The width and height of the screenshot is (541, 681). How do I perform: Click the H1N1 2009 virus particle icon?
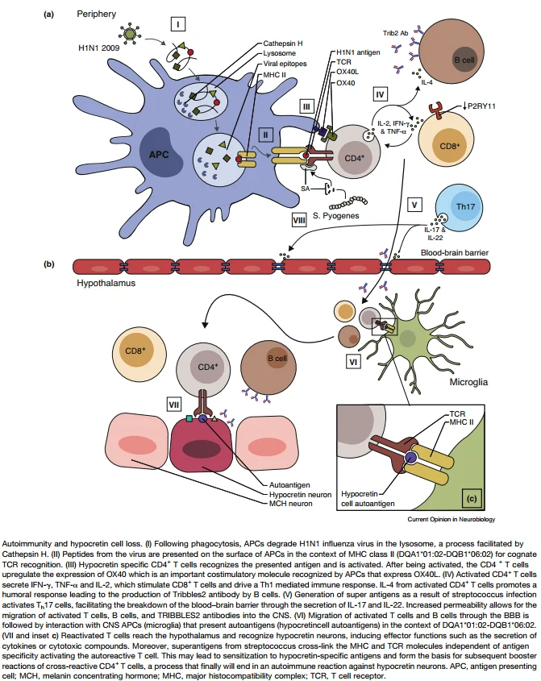[x=130, y=33]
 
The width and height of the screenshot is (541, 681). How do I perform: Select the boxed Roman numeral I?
[x=177, y=24]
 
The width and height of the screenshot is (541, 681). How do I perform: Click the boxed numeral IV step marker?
[x=381, y=94]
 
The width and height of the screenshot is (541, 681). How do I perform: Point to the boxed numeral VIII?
[x=299, y=220]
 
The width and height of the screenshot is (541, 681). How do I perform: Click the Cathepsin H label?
[x=283, y=44]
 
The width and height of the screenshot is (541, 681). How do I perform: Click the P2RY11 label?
[x=481, y=106]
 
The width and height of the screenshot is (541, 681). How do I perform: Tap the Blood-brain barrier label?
[x=455, y=253]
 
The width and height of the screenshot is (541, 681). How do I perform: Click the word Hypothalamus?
[x=106, y=283]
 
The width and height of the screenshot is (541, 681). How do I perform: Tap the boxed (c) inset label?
[x=472, y=499]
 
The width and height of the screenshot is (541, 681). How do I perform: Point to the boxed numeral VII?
[x=174, y=405]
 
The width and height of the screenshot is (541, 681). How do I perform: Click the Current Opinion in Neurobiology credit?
[x=451, y=519]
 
